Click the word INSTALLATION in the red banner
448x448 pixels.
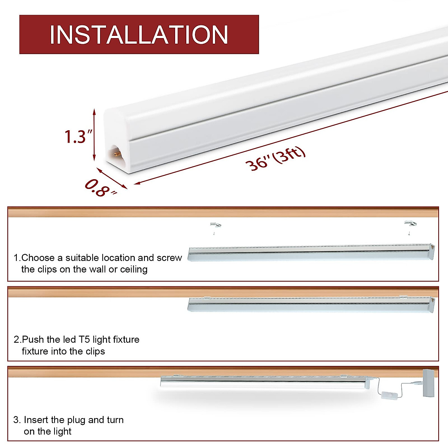click(139, 35)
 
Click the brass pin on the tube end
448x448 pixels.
click(117, 153)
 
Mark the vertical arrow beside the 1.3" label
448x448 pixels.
click(94, 134)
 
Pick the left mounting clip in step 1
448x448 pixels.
click(215, 225)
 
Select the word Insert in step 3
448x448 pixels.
click(36, 420)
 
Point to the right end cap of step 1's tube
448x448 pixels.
click(432, 252)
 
